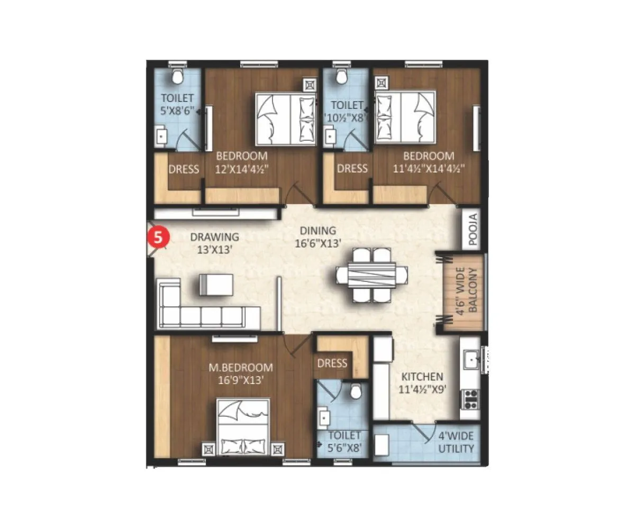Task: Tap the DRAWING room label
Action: click(214, 243)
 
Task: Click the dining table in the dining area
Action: click(372, 275)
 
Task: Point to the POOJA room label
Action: click(473, 230)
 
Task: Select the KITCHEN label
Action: click(422, 383)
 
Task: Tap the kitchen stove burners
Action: click(470, 398)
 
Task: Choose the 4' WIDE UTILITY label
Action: click(456, 443)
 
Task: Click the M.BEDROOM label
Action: click(241, 373)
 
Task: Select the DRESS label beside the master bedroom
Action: click(332, 363)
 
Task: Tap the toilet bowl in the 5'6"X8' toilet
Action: click(357, 391)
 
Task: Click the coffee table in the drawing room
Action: click(215, 284)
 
